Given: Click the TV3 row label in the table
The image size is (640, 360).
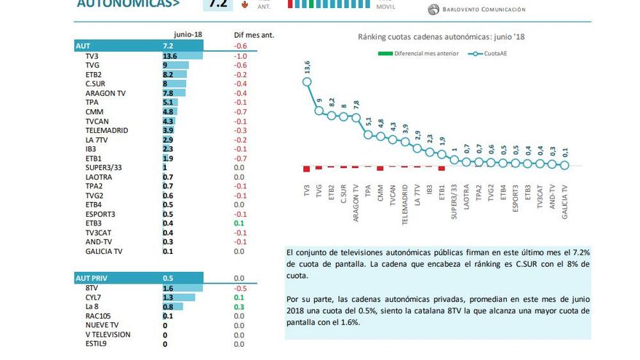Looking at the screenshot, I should click(92, 56).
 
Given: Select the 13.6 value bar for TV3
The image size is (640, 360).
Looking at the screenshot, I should click(182, 56).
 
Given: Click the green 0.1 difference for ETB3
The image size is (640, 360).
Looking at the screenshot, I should click(239, 223).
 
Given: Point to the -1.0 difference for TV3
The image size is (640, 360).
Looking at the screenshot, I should click(240, 56).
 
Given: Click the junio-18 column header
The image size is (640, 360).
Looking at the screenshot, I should click(187, 34).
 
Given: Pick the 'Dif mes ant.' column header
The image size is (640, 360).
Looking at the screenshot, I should click(253, 34).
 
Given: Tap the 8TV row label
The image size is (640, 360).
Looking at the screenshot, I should click(92, 288).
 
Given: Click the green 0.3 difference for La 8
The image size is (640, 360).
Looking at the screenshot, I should click(239, 306).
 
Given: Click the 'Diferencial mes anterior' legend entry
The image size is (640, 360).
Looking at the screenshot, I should click(425, 53).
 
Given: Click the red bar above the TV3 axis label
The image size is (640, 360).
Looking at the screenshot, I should click(306, 169).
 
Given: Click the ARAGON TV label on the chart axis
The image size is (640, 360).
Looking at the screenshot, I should click(356, 202).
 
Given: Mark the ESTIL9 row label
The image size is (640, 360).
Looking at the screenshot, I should click(97, 343).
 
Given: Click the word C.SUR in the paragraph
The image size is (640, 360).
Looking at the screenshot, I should click(524, 264).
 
